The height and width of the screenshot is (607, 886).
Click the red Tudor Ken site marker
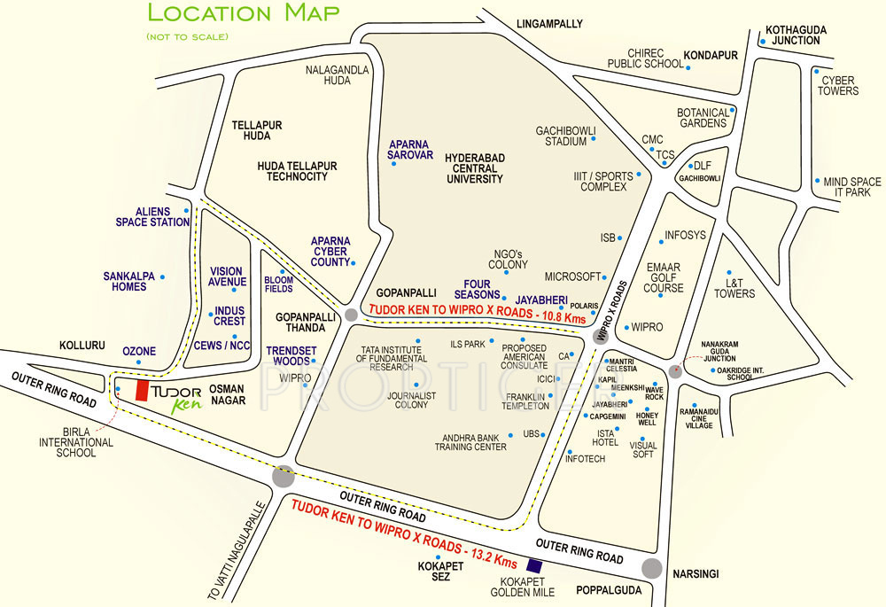point(140,391)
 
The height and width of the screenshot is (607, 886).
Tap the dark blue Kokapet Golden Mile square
point(533,565)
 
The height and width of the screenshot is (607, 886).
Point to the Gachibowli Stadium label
point(561,136)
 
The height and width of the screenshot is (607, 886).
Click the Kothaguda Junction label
point(796,35)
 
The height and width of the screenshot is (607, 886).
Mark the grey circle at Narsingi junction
point(653,569)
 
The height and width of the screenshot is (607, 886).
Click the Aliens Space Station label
point(152,217)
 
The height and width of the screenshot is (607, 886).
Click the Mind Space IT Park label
point(851,187)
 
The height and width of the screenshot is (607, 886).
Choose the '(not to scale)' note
point(187,36)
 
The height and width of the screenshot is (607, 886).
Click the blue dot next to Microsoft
point(607,276)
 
